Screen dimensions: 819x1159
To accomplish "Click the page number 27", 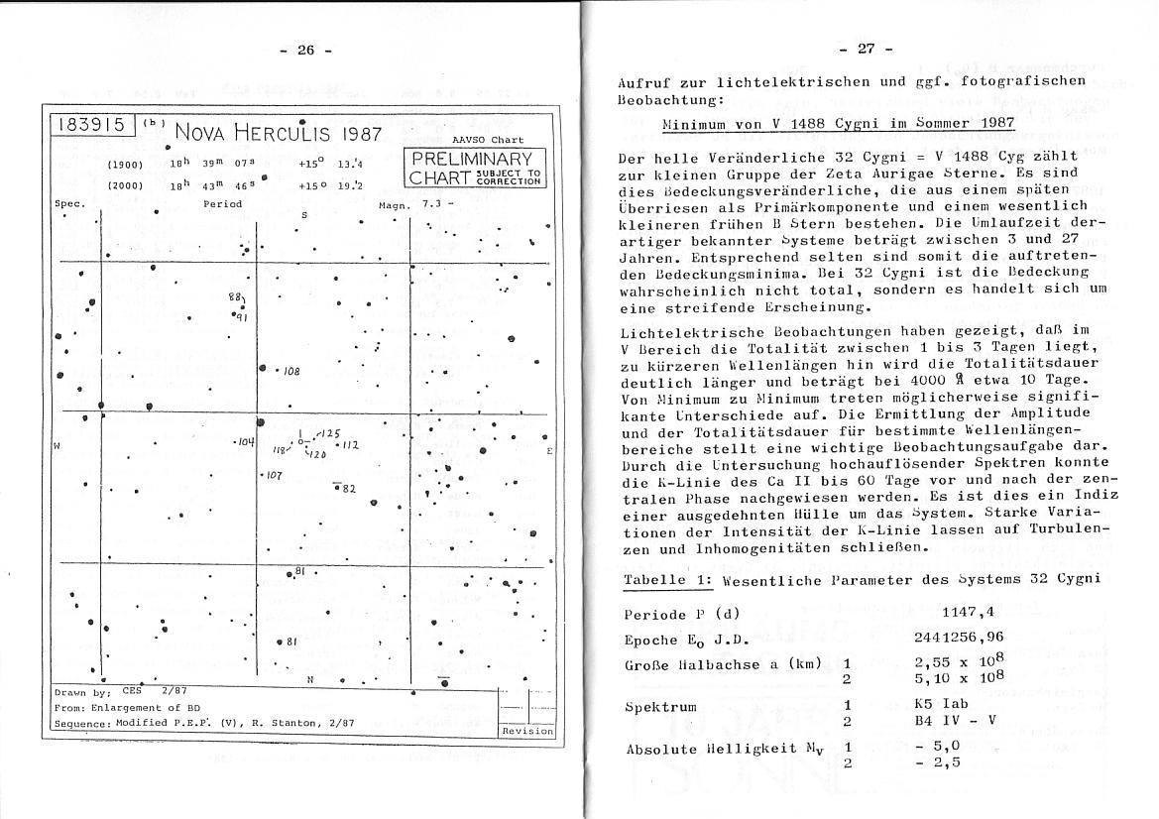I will click(x=865, y=50).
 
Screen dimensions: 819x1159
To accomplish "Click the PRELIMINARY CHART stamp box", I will click(x=473, y=168).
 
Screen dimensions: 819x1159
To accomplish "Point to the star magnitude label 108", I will click(x=291, y=372).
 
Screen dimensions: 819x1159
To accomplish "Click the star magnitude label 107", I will click(x=275, y=476).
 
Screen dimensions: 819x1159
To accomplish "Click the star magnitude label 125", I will click(x=330, y=433).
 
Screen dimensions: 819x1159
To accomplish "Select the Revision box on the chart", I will click(x=527, y=731).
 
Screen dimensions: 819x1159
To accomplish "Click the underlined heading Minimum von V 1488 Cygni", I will click(x=838, y=125).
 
